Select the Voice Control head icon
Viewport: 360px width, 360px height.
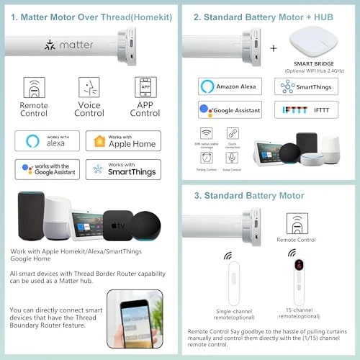click(89, 89)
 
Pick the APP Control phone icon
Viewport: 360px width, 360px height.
click(145, 89)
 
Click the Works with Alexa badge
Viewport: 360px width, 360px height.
click(48, 140)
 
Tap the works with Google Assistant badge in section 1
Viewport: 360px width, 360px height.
click(48, 170)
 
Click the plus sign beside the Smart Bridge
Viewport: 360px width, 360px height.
click(272, 48)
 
